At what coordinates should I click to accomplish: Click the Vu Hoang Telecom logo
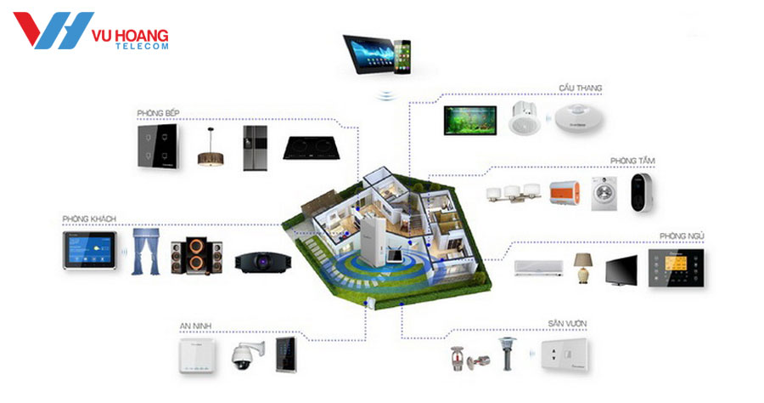(91, 32)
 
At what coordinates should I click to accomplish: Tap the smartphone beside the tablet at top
(402, 53)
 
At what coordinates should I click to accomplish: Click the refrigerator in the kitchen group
(254, 148)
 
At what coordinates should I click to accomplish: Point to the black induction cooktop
(309, 151)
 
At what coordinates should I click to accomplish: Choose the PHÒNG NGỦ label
(682, 236)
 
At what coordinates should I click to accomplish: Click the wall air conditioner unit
(537, 268)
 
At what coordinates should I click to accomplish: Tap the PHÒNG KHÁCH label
(88, 219)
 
